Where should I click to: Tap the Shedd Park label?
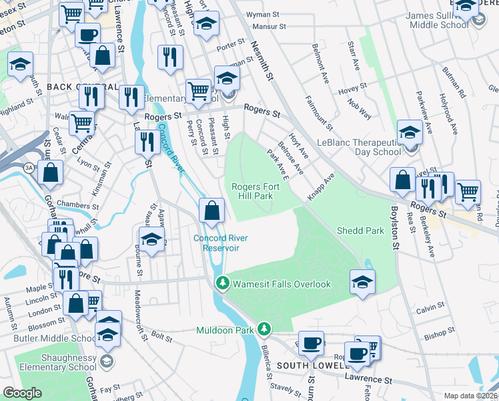pos(361,231)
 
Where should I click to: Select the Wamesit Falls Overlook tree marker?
pos(222,284)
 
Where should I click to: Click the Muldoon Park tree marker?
pos(265,329)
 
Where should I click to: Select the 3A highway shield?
pos(29,168)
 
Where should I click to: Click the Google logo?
pos(22,393)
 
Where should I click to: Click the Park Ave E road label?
pos(277,164)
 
